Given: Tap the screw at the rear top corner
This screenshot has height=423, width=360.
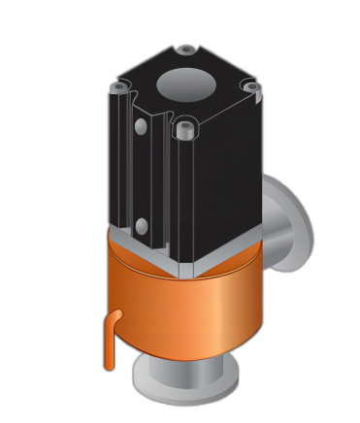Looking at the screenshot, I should pos(186,49).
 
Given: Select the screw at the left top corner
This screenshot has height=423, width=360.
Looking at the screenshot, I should pos(119,88).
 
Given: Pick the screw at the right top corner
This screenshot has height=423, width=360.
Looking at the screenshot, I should pos(250,87).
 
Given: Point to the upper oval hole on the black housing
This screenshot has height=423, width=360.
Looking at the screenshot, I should pos(142,126).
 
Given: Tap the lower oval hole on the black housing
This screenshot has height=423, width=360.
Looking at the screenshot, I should pos(142,226).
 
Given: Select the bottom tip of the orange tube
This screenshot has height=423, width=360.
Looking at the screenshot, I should pos(109,366).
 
